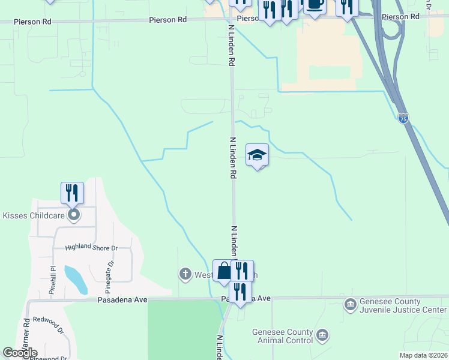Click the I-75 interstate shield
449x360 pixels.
(x=403, y=118)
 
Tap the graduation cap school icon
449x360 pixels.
(x=257, y=155)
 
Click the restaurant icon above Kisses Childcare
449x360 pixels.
(x=72, y=193)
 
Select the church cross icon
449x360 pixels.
(x=185, y=274)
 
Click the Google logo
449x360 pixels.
(x=20, y=353)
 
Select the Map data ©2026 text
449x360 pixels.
(x=423, y=355)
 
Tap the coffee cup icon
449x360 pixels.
(x=315, y=5)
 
